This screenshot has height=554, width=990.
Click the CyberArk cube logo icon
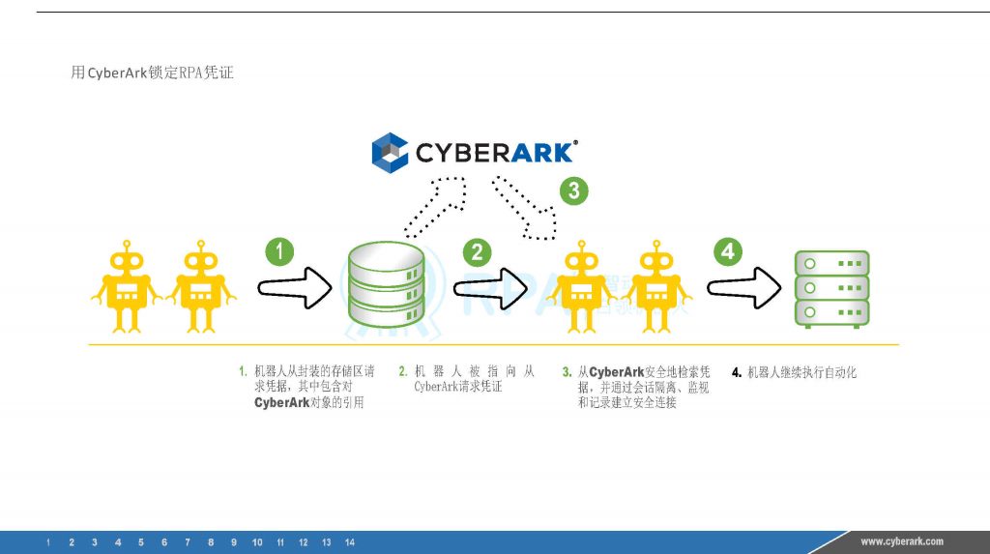(392, 152)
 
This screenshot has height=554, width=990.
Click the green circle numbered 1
(279, 252)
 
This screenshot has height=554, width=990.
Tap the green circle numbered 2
(477, 253)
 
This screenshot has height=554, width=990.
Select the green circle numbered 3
(573, 190)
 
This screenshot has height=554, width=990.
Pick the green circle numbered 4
(728, 252)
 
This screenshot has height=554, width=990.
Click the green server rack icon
(831, 287)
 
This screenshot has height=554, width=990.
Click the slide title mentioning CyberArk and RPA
(153, 73)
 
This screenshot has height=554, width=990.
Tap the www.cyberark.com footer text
(901, 541)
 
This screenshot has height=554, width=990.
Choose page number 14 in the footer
(350, 542)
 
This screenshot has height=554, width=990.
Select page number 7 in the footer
(187, 542)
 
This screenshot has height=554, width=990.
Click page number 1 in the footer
(48, 542)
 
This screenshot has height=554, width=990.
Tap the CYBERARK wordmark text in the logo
(496, 152)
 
